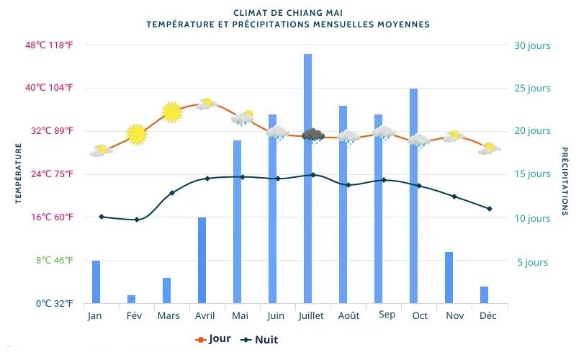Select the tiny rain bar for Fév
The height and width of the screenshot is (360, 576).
point(131,299)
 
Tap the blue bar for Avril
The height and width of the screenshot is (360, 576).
point(202,260)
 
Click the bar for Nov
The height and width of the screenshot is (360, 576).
point(449,277)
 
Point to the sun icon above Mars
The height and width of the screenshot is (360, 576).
point(171,112)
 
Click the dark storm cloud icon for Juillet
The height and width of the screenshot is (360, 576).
point(312,135)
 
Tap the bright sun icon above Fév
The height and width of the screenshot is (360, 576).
point(136,134)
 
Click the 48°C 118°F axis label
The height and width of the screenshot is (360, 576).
point(50,45)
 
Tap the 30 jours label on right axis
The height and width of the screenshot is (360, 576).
point(531,45)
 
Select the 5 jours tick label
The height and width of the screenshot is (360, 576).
point(532,262)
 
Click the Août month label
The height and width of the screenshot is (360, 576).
point(348,315)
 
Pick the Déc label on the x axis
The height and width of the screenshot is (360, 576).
point(488,315)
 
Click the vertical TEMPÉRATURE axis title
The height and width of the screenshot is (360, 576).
point(18,173)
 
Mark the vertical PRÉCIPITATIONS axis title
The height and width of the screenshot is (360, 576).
point(564,181)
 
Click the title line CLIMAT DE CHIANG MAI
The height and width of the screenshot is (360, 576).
point(288,13)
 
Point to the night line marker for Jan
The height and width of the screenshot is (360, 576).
point(101,217)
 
